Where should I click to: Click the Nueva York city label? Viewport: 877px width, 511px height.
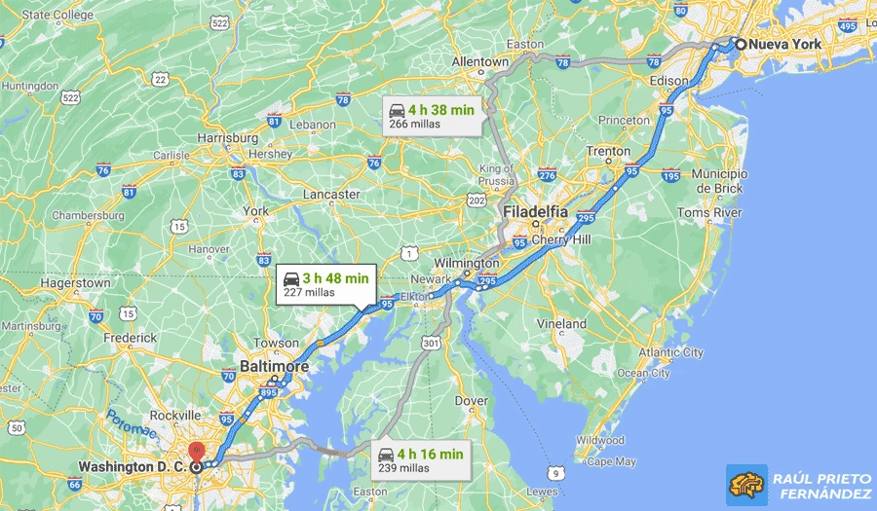click(785, 44)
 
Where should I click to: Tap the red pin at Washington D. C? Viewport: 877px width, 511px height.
click(196, 451)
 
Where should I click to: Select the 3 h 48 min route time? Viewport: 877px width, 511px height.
click(334, 278)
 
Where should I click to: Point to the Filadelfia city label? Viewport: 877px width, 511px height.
click(535, 212)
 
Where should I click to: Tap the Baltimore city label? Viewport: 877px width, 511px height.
click(274, 367)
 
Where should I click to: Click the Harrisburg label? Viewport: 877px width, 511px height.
click(227, 138)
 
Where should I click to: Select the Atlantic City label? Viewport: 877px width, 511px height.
click(670, 352)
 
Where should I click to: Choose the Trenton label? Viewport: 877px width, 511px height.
click(607, 152)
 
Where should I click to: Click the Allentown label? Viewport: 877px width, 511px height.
click(479, 62)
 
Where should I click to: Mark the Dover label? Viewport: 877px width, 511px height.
click(472, 401)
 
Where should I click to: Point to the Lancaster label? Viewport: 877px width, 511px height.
click(331, 195)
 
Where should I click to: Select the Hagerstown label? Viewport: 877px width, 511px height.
click(75, 283)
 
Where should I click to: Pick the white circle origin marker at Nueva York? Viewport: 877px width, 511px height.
click(741, 44)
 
